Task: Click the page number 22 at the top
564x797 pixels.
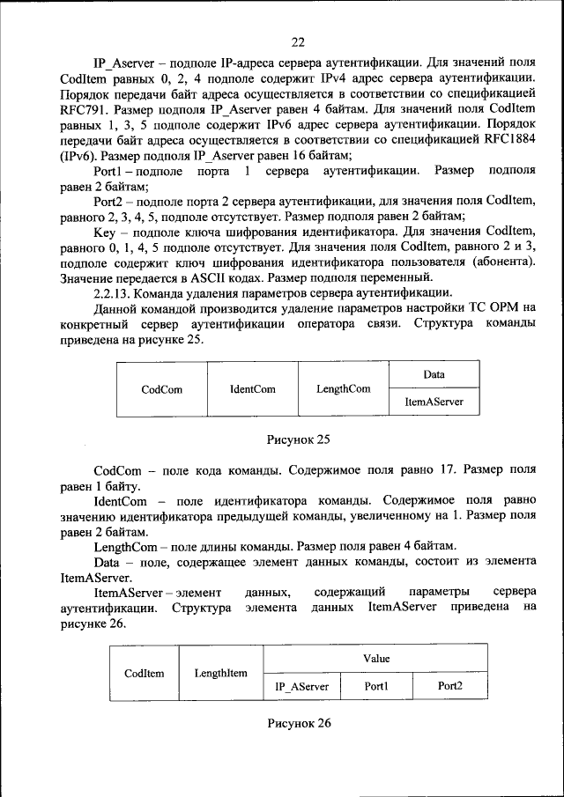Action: coord(297,42)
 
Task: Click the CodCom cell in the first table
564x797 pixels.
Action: coord(161,388)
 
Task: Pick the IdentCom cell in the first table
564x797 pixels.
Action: coord(252,388)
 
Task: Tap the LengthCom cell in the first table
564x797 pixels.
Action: coord(343,388)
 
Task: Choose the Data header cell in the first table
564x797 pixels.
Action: coord(434,374)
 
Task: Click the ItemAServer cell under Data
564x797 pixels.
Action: coord(434,402)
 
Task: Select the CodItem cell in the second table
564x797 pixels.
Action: coord(144,673)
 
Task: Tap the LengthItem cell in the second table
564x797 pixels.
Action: coord(220,673)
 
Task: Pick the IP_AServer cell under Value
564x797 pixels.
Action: coord(301,686)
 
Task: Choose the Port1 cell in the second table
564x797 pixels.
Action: coord(376,686)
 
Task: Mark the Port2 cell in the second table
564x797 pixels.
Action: coord(450,686)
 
